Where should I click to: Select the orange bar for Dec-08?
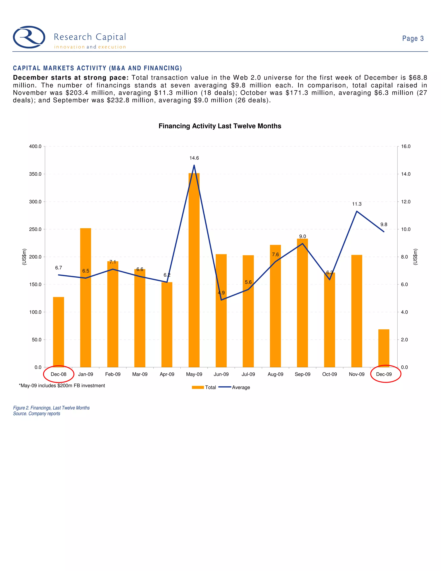(x=59, y=332)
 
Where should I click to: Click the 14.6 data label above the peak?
(x=194, y=158)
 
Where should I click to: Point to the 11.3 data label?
(x=357, y=204)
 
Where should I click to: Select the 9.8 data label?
(x=384, y=224)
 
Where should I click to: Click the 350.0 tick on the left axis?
(x=35, y=174)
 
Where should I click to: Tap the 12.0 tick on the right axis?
(x=405, y=202)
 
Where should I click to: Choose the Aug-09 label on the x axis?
(x=275, y=374)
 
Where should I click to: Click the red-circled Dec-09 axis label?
(x=384, y=374)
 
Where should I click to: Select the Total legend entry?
(x=204, y=387)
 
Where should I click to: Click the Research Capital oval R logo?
(x=29, y=37)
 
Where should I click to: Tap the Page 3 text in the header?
(x=413, y=38)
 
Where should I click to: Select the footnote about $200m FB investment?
(x=62, y=386)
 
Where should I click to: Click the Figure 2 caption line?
(x=51, y=408)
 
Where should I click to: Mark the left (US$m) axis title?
(x=24, y=257)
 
